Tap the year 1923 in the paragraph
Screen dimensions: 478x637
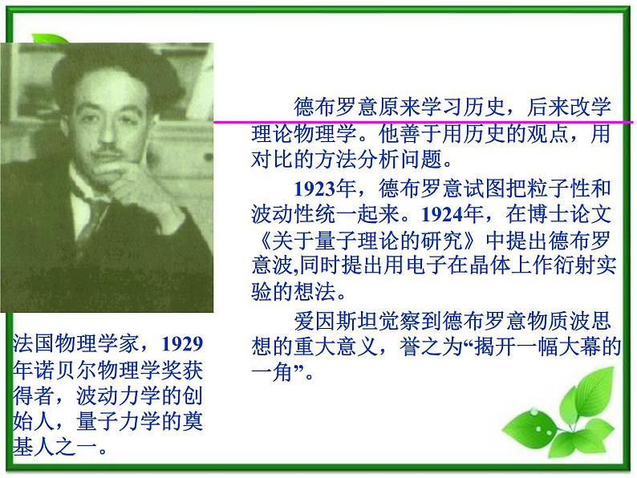311,190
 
